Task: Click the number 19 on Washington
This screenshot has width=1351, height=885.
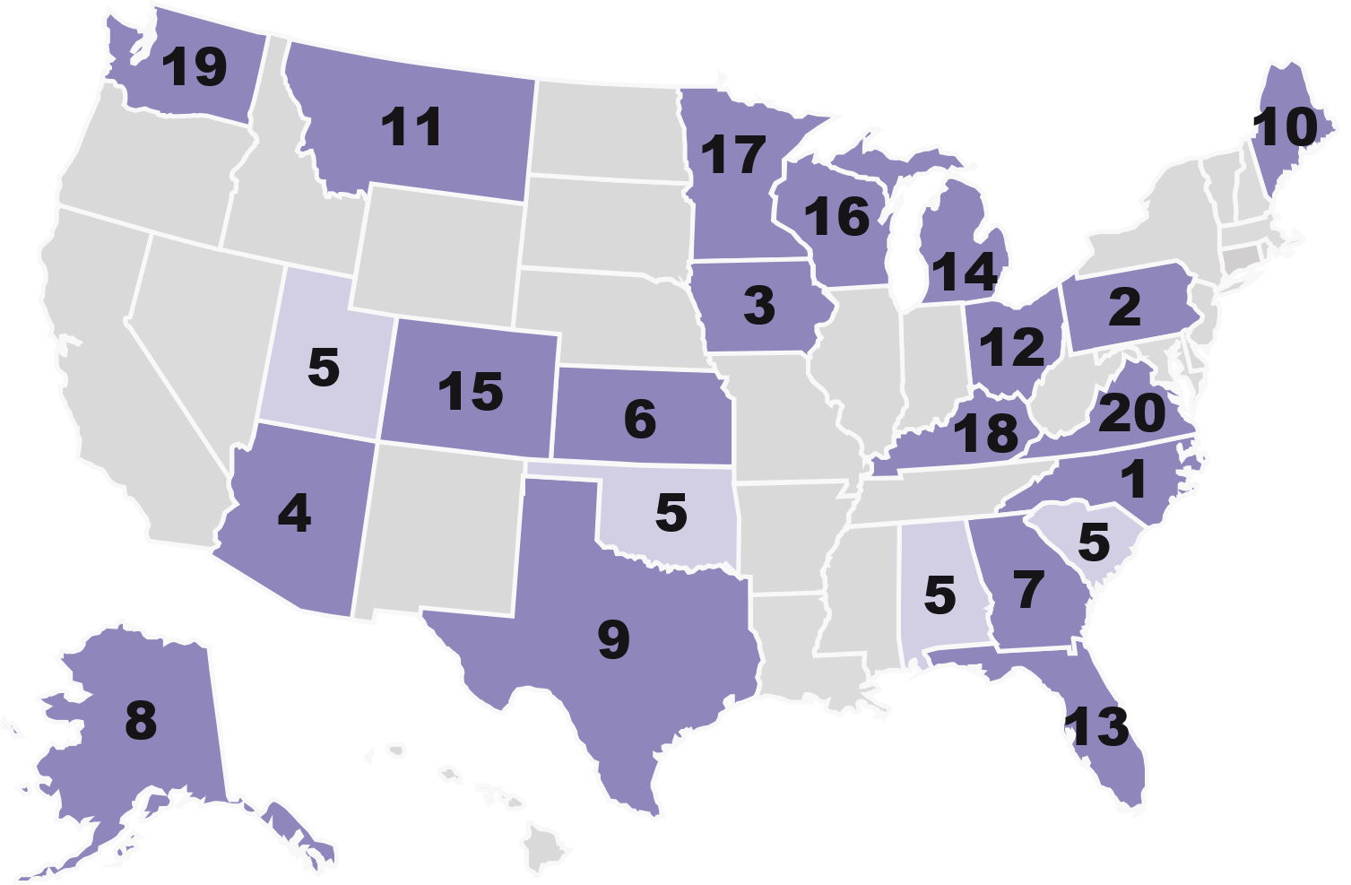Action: [195, 67]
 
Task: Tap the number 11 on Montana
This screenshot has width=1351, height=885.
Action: [412, 126]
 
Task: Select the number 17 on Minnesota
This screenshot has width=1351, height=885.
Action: [732, 155]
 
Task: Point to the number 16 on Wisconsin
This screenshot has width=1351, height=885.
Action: [836, 216]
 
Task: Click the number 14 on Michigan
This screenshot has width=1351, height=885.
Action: [964, 272]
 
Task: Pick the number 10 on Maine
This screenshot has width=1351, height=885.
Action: [1287, 128]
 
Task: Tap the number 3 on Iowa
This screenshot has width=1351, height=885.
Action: [759, 306]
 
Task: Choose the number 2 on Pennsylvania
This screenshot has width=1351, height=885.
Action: [1124, 308]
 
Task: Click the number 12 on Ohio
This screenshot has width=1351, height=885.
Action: [1012, 347]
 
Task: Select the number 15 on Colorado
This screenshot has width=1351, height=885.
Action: [471, 392]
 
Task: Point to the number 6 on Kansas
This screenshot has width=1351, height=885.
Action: [640, 420]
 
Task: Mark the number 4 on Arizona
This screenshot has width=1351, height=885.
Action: [294, 514]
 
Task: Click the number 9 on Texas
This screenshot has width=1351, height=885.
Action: [614, 640]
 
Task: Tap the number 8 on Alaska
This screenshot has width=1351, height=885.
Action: [141, 720]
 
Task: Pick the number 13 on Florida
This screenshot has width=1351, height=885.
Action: [1098, 727]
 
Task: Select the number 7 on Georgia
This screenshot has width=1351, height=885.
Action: [1028, 589]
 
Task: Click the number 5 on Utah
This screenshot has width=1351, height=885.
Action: [324, 368]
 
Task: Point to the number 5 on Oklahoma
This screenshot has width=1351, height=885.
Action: [671, 513]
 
